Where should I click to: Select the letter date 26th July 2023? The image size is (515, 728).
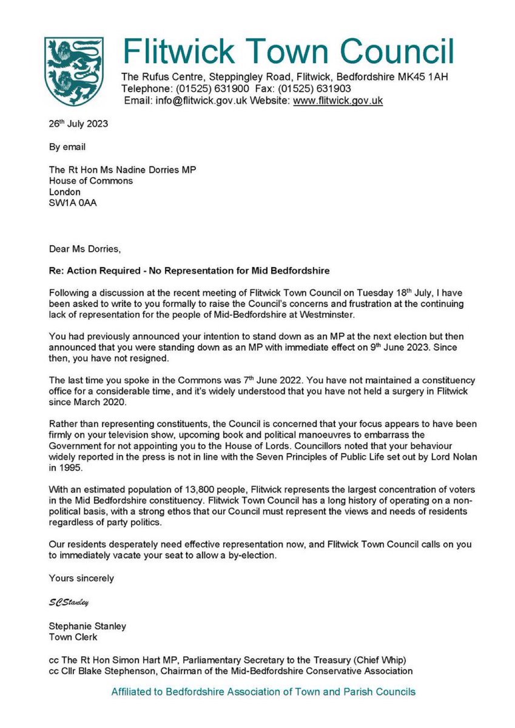tap(78, 124)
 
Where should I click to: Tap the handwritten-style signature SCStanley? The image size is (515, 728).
tap(69, 602)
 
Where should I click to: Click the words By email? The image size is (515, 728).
tap(67, 147)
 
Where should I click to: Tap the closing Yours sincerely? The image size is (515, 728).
tap(81, 578)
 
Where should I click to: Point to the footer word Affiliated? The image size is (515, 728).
tap(132, 692)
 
